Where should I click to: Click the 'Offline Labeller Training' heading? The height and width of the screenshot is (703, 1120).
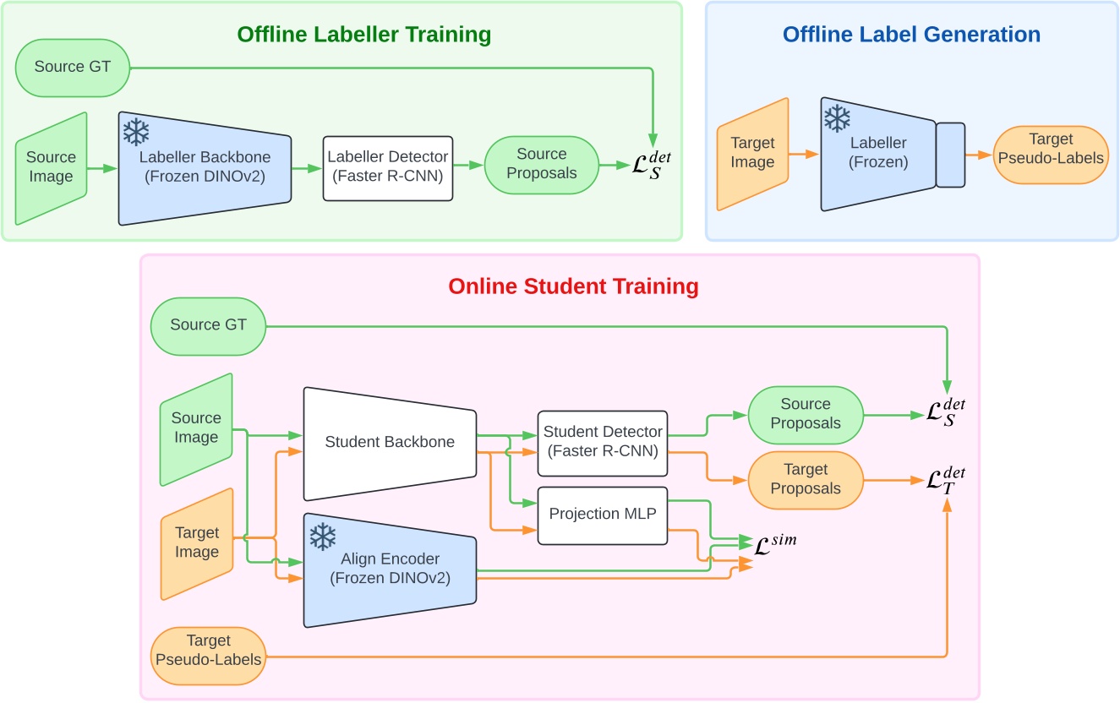363,35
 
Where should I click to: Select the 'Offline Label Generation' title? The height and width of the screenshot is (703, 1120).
911,35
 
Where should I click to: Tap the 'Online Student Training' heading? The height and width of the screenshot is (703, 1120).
573,286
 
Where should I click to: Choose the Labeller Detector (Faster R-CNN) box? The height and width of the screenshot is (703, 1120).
387,168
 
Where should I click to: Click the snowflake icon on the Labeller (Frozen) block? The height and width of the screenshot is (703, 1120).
837,119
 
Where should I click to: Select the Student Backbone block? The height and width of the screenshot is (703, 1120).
390,442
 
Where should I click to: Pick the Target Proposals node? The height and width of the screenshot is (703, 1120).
806,479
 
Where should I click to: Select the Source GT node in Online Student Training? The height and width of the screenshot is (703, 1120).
208,325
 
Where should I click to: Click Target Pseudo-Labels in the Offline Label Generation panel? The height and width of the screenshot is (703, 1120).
1051,149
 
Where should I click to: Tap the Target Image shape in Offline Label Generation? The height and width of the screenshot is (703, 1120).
752,154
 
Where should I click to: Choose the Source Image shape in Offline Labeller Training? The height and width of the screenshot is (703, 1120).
52,168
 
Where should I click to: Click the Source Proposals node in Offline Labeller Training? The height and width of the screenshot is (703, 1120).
541,164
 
